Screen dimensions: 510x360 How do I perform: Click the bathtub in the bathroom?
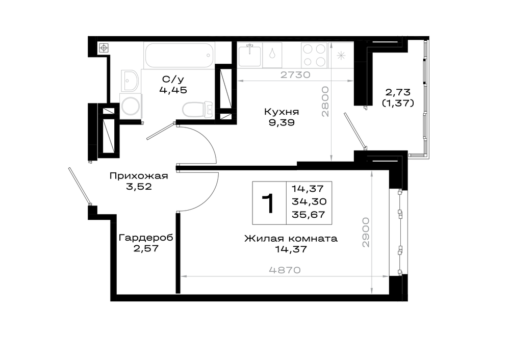pyautogui.click(x=179, y=55)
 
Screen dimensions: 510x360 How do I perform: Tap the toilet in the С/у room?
pyautogui.click(x=197, y=109)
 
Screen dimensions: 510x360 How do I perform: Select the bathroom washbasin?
pyautogui.click(x=130, y=81)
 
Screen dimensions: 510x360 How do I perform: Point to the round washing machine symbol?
pyautogui.click(x=131, y=106)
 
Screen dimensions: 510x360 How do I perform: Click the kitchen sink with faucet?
pyautogui.click(x=249, y=55)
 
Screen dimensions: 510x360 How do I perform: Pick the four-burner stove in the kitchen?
pyautogui.click(x=314, y=55)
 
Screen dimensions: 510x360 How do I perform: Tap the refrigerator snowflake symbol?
pyautogui.click(x=341, y=56)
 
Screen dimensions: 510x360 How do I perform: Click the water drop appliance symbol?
pyautogui.click(x=272, y=55)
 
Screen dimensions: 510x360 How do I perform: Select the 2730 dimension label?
pyautogui.click(x=295, y=74)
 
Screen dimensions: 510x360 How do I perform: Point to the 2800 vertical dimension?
pyautogui.click(x=325, y=101)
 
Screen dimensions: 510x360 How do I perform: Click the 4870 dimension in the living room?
pyautogui.click(x=285, y=270)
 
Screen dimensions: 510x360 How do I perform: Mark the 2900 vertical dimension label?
pyautogui.click(x=366, y=233)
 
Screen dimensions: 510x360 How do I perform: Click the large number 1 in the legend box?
pyautogui.click(x=269, y=203)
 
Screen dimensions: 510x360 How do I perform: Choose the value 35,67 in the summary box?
pyautogui.click(x=309, y=215)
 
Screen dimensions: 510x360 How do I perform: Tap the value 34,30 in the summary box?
pyautogui.click(x=309, y=201)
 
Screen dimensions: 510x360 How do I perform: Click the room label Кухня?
pyautogui.click(x=282, y=112)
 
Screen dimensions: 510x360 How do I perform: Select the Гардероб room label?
pyautogui.click(x=146, y=238)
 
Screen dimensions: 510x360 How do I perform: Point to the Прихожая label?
pyautogui.click(x=139, y=176)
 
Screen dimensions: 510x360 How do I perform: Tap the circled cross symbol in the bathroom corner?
pyautogui.click(x=104, y=48)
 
